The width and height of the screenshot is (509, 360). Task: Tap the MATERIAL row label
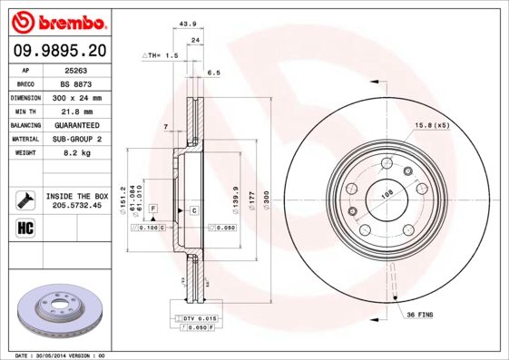click(x=25, y=139)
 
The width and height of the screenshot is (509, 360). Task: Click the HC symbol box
click(x=25, y=227)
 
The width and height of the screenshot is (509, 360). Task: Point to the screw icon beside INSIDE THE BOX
click(x=25, y=199)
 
